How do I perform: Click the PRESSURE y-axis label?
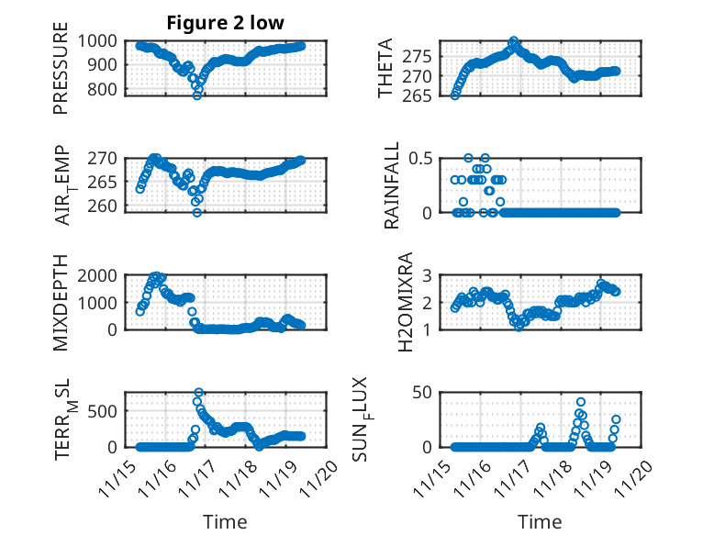[61, 73]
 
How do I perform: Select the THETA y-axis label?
[385, 69]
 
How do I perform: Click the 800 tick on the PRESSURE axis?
[97, 89]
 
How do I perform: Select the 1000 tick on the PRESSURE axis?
[94, 40]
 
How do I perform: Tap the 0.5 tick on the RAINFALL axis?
[418, 158]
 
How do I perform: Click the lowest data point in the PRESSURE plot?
[196, 95]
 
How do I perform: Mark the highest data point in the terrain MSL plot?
[198, 393]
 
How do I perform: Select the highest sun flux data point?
[581, 402]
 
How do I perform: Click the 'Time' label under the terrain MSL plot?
[225, 521]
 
